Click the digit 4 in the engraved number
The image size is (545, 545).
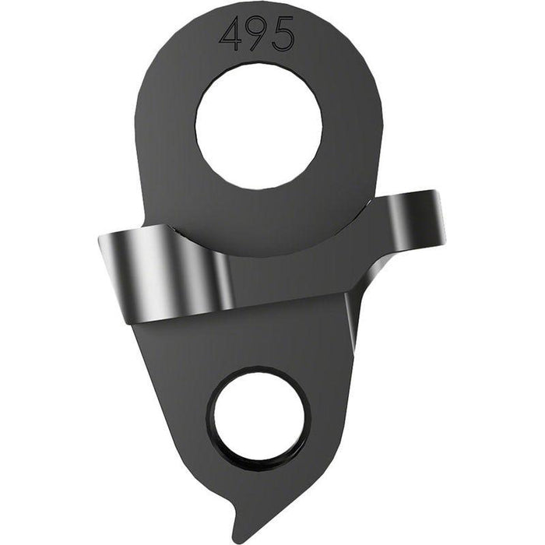click(x=233, y=35)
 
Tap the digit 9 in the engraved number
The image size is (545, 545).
click(x=257, y=35)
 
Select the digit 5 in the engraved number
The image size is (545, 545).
click(x=282, y=35)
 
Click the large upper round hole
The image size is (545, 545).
click(x=258, y=127)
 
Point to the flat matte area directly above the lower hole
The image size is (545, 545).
click(x=257, y=343)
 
